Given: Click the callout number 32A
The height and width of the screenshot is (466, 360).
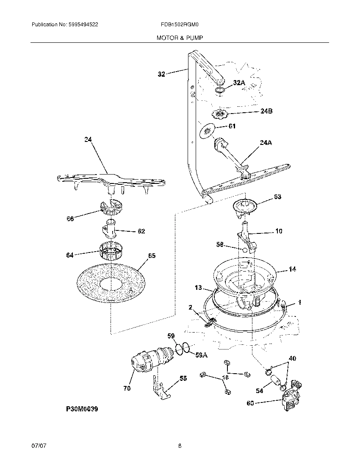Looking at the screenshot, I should [239, 83].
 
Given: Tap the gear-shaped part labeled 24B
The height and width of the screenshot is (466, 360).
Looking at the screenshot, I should [219, 114].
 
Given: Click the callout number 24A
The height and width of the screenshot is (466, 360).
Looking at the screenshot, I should [265, 143].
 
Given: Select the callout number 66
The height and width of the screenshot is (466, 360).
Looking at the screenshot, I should [70, 219].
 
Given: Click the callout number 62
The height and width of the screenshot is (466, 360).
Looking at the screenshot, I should [141, 231].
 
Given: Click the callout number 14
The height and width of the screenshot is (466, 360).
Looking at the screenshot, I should [292, 269].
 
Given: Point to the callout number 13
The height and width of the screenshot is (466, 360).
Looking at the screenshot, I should [199, 288].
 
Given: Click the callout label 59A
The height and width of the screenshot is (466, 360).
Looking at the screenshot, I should [201, 355].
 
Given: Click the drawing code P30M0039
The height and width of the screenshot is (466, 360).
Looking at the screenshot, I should [82, 410].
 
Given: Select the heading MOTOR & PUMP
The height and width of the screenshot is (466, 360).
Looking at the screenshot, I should [180, 38].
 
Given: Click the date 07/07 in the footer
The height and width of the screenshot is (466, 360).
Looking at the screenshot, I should [38, 446].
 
